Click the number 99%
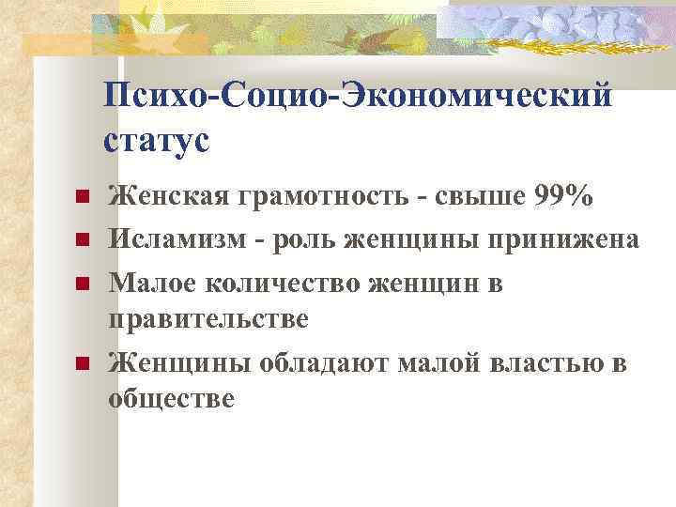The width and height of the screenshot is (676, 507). coord(562,197)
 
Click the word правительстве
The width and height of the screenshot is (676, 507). coord(207,319)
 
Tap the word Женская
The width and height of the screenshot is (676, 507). coord(170,197)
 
